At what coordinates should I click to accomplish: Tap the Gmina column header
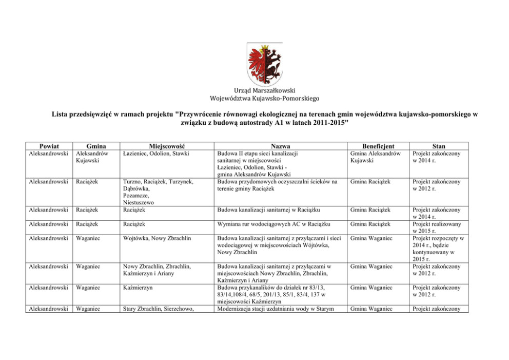[x=96, y=146]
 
